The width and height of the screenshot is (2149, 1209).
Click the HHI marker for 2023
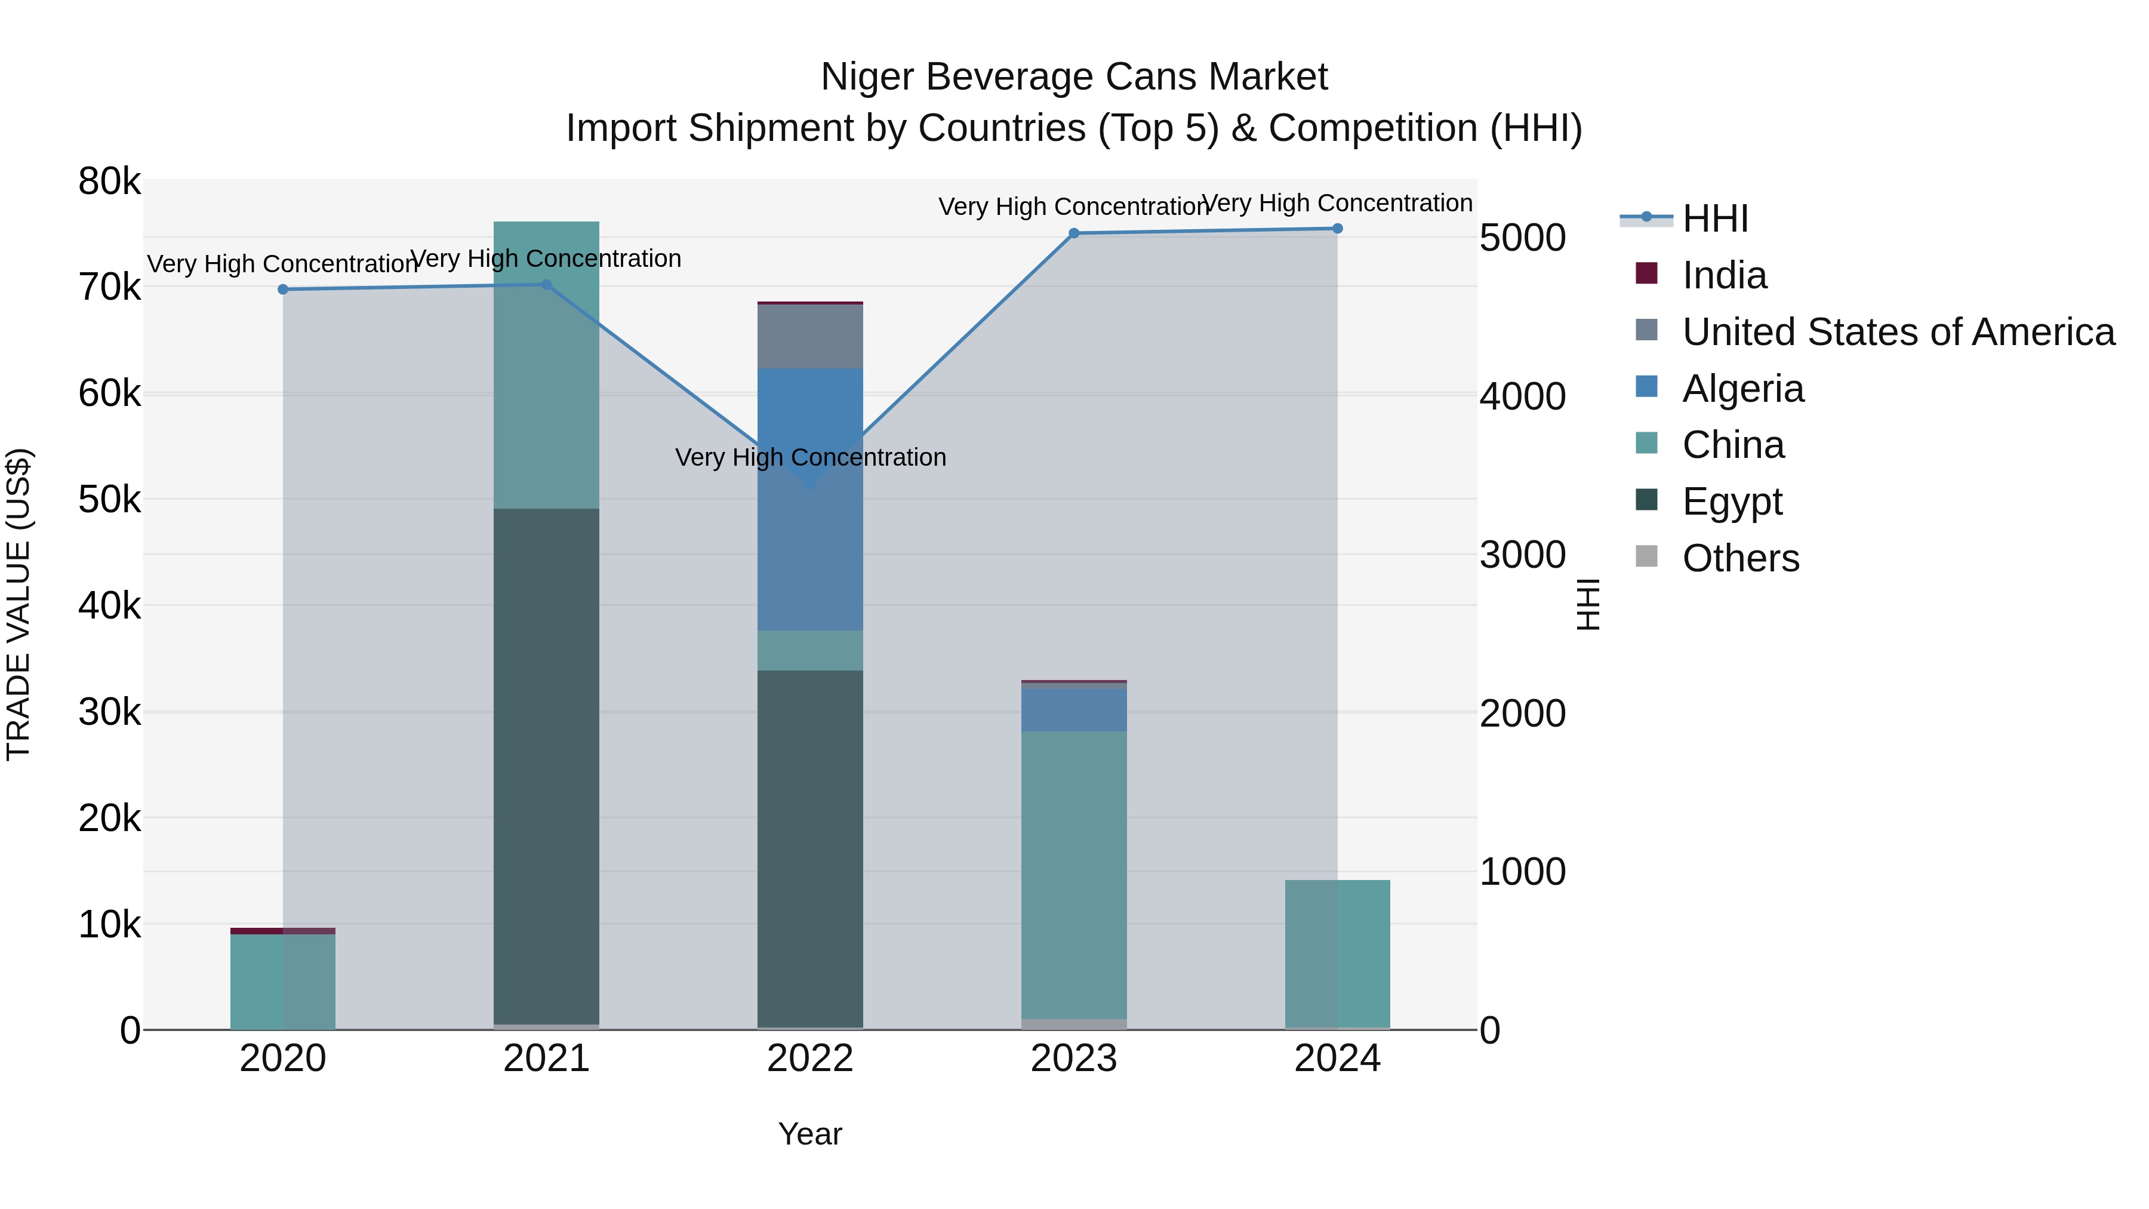[1074, 233]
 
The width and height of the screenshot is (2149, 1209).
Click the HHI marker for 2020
[283, 290]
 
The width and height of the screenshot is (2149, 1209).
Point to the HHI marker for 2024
[1337, 229]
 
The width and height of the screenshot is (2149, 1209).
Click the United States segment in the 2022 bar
[810, 336]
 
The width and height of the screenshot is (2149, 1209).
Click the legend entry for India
[1723, 275]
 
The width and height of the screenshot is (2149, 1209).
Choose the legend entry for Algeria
[1742, 389]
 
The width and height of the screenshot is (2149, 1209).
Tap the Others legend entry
[1740, 558]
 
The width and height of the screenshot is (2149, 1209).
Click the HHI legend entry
[1714, 219]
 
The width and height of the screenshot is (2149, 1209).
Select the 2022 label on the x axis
[810, 1059]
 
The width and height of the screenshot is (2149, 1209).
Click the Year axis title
[810, 1134]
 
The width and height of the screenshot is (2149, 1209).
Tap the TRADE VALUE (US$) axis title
[19, 604]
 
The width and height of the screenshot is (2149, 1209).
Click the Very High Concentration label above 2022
[810, 457]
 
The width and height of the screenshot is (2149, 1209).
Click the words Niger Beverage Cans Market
[1074, 77]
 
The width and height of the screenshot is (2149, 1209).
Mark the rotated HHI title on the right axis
[1587, 604]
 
